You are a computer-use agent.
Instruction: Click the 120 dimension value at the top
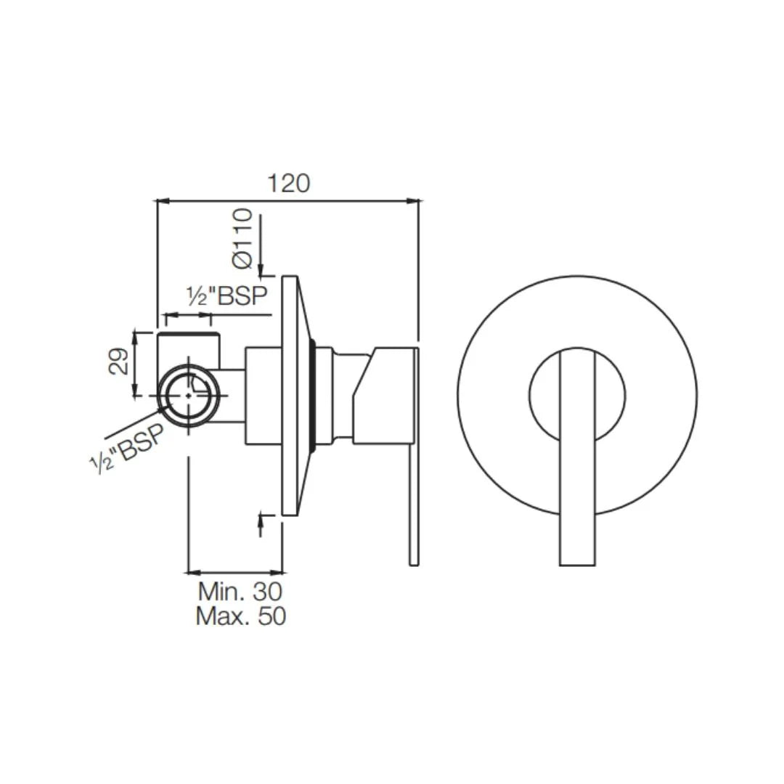[288, 183]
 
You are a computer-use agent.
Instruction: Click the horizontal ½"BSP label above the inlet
[227, 297]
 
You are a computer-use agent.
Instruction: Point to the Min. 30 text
[240, 591]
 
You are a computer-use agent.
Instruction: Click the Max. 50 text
[240, 616]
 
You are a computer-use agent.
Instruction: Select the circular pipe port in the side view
[189, 395]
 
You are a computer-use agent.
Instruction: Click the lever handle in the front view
[578, 457]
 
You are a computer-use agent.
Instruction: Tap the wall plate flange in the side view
[290, 396]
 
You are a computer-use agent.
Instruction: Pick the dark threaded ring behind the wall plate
[314, 396]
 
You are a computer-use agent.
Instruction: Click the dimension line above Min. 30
[236, 571]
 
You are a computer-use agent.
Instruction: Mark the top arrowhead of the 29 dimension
[134, 334]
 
